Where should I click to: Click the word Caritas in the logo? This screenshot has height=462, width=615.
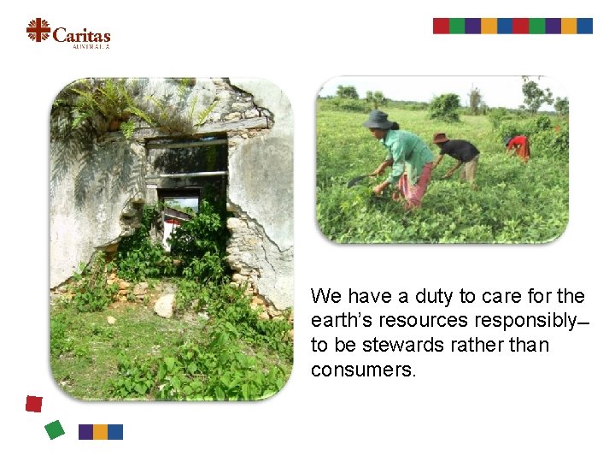(81, 35)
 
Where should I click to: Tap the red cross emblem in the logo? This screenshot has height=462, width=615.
(38, 31)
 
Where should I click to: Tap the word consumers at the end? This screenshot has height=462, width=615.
(362, 370)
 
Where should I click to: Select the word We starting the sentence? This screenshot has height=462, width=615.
(325, 297)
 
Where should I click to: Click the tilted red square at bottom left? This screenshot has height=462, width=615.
(33, 404)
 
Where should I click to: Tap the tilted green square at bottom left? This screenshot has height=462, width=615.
(55, 429)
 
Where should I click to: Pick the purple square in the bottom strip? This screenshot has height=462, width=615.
(85, 432)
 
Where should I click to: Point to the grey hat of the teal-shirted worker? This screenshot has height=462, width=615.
(377, 120)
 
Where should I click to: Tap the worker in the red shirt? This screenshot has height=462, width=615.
(518, 146)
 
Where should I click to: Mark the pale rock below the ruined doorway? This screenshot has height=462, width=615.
(165, 305)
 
